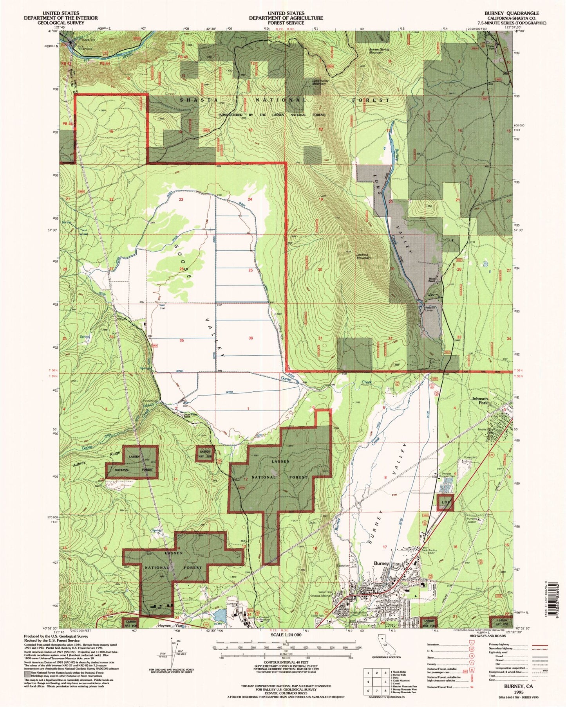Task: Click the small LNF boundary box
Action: (445, 502)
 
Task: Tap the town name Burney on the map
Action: (381, 563)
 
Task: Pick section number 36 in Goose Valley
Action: (250, 338)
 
